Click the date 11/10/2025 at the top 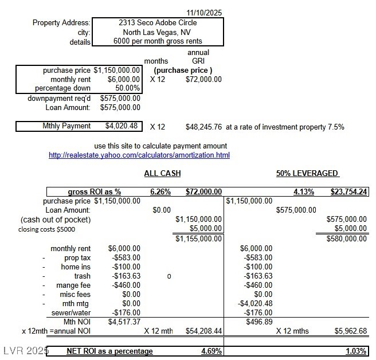[205, 12]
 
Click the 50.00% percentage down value [128, 88]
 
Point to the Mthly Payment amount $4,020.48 [121, 126]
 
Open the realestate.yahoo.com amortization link [139, 155]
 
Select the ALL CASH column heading [162, 174]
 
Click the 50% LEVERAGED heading [308, 174]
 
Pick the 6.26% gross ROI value [158, 191]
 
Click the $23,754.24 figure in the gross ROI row [348, 191]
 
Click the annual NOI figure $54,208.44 [203, 331]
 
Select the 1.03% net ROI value [357, 351]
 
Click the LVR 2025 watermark [25, 350]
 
